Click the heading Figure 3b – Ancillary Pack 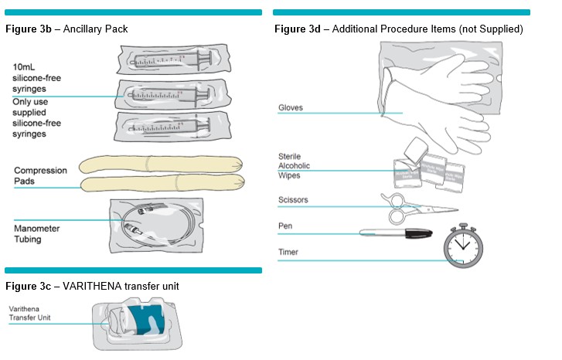tap(66, 29)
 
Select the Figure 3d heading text tap(399, 29)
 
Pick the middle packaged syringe tap(170, 96)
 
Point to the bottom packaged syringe tap(170, 125)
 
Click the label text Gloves tap(291, 108)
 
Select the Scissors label tap(293, 200)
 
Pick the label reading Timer tap(288, 252)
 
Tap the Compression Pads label tap(40, 175)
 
